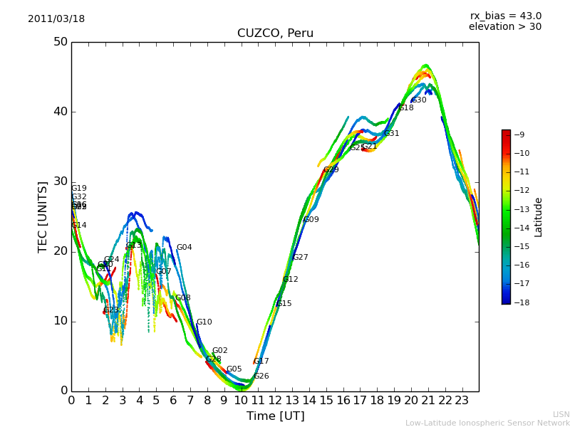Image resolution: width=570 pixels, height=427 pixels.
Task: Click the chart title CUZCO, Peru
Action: click(275, 33)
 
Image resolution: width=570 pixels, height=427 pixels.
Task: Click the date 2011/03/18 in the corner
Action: click(56, 19)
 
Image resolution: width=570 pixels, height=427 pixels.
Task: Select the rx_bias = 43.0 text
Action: click(505, 16)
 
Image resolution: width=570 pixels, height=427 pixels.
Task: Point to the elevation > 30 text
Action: click(504, 27)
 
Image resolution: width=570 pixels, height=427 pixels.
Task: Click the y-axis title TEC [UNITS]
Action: click(43, 216)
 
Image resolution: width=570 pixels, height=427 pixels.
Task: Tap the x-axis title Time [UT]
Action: click(275, 416)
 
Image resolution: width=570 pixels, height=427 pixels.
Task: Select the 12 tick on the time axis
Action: click(275, 401)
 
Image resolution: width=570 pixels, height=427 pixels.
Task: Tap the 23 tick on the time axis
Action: click(462, 401)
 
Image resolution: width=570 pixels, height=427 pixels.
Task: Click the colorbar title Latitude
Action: click(539, 217)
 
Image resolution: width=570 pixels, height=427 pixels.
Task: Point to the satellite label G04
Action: click(184, 248)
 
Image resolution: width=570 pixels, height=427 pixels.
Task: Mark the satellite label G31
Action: click(391, 134)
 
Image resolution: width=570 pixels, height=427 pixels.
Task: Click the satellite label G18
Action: click(406, 108)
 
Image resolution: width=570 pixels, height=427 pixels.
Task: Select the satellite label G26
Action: click(261, 376)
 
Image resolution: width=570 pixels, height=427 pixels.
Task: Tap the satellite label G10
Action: click(204, 322)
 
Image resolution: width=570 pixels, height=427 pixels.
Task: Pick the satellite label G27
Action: click(301, 258)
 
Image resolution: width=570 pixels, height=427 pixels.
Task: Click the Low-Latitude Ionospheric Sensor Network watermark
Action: click(487, 423)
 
